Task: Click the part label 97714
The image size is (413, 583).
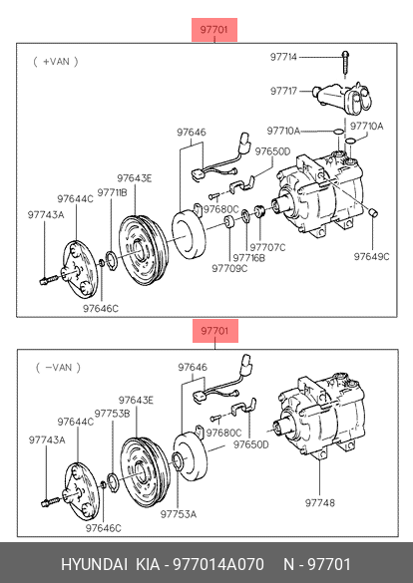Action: click(283, 57)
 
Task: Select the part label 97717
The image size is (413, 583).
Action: click(283, 91)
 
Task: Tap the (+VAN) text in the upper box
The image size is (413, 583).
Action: click(56, 62)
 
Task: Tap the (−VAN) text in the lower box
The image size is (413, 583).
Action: click(58, 368)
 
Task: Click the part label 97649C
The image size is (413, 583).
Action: click(371, 256)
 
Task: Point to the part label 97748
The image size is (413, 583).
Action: click(320, 502)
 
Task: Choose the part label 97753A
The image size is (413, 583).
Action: click(179, 514)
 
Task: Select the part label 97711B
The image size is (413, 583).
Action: click(112, 192)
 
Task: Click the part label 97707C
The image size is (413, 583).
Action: click(267, 247)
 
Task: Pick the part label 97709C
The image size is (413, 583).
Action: click(229, 268)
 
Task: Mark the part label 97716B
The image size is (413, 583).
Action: click(249, 258)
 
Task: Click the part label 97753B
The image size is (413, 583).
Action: click(112, 414)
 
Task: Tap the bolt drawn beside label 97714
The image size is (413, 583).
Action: click(345, 65)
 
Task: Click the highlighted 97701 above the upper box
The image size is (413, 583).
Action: click(214, 29)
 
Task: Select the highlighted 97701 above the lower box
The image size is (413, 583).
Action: click(215, 331)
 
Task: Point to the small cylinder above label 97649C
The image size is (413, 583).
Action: click(373, 212)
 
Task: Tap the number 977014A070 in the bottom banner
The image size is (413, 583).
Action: click(218, 564)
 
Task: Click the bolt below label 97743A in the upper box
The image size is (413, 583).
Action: click(48, 280)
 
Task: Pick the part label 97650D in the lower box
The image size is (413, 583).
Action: click(251, 444)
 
